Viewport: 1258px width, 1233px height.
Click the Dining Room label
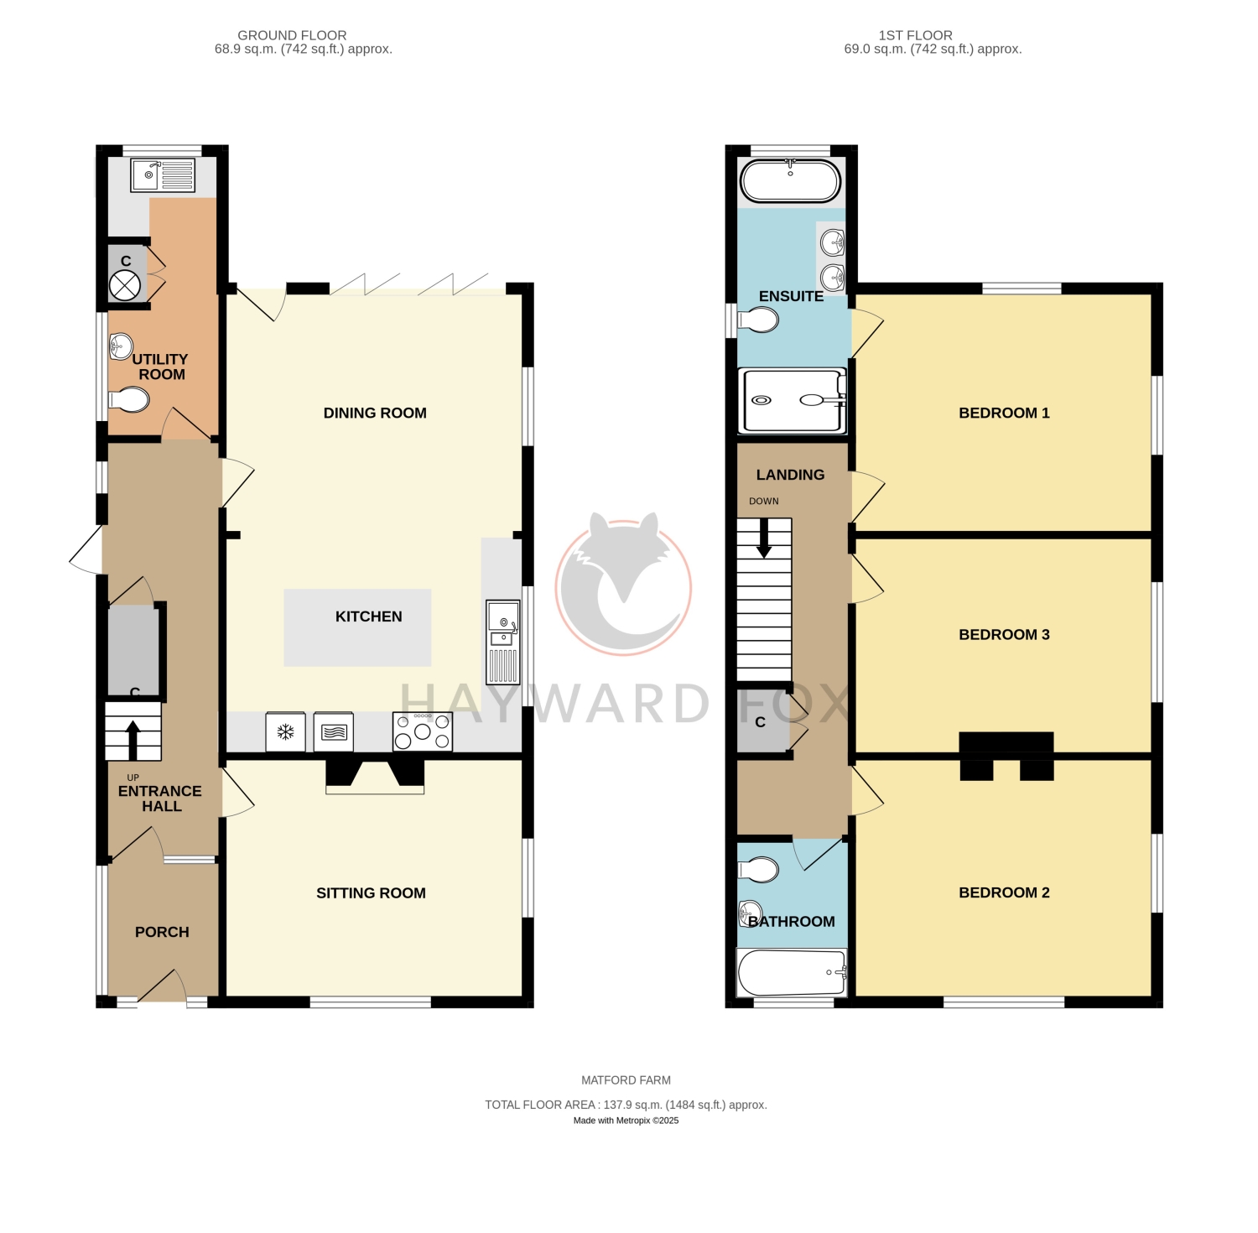pyautogui.click(x=375, y=413)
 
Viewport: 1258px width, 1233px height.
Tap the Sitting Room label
pyautogui.click(x=371, y=893)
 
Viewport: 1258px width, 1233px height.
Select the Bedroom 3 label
pyautogui.click(x=1004, y=635)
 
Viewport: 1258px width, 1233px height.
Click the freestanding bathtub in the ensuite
pyautogui.click(x=790, y=180)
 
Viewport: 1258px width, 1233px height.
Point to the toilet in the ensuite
pyautogui.click(x=757, y=320)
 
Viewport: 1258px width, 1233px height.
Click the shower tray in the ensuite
pyautogui.click(x=792, y=401)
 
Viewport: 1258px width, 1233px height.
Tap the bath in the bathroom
pyautogui.click(x=792, y=973)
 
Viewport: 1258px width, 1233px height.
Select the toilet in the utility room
pyautogui.click(x=128, y=400)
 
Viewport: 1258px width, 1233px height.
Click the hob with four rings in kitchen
pyautogui.click(x=423, y=731)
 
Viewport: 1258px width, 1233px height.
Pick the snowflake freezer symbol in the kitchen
pyautogui.click(x=285, y=732)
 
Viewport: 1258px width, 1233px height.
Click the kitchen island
pyautogui.click(x=357, y=627)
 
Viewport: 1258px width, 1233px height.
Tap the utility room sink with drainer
pyautogui.click(x=163, y=175)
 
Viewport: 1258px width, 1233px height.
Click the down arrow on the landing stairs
pyautogui.click(x=764, y=538)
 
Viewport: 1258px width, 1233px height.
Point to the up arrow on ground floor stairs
pyautogui.click(x=133, y=739)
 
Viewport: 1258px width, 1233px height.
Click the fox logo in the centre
pyautogui.click(x=624, y=583)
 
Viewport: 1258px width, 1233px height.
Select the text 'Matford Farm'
pyautogui.click(x=626, y=1080)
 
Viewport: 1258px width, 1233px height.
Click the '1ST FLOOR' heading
pyautogui.click(x=916, y=35)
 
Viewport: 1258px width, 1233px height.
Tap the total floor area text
pyautogui.click(x=626, y=1105)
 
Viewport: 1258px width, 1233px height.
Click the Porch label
pyautogui.click(x=162, y=932)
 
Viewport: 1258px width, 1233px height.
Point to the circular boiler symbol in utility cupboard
pyautogui.click(x=125, y=285)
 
